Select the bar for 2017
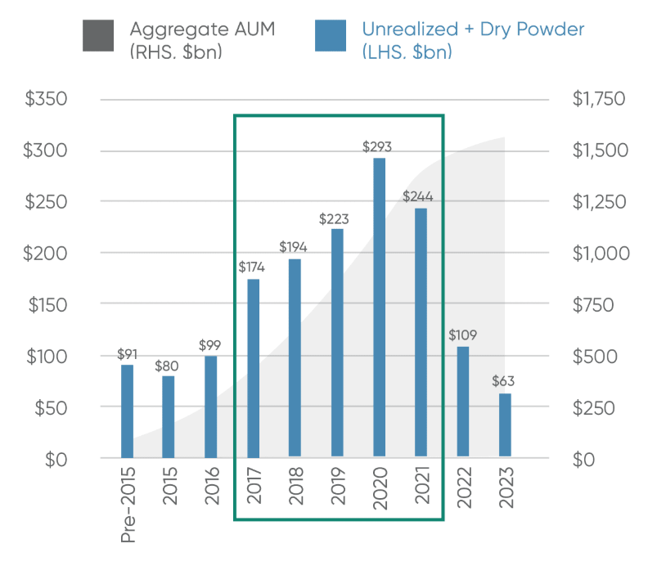tap(254, 368)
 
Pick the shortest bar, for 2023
tap(505, 426)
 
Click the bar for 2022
tap(463, 402)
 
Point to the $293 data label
tap(379, 147)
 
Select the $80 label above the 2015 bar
tap(169, 365)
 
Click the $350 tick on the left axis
tap(46, 100)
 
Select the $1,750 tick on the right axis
tap(597, 100)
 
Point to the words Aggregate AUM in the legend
tap(202, 29)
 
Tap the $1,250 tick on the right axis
tap(597, 202)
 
